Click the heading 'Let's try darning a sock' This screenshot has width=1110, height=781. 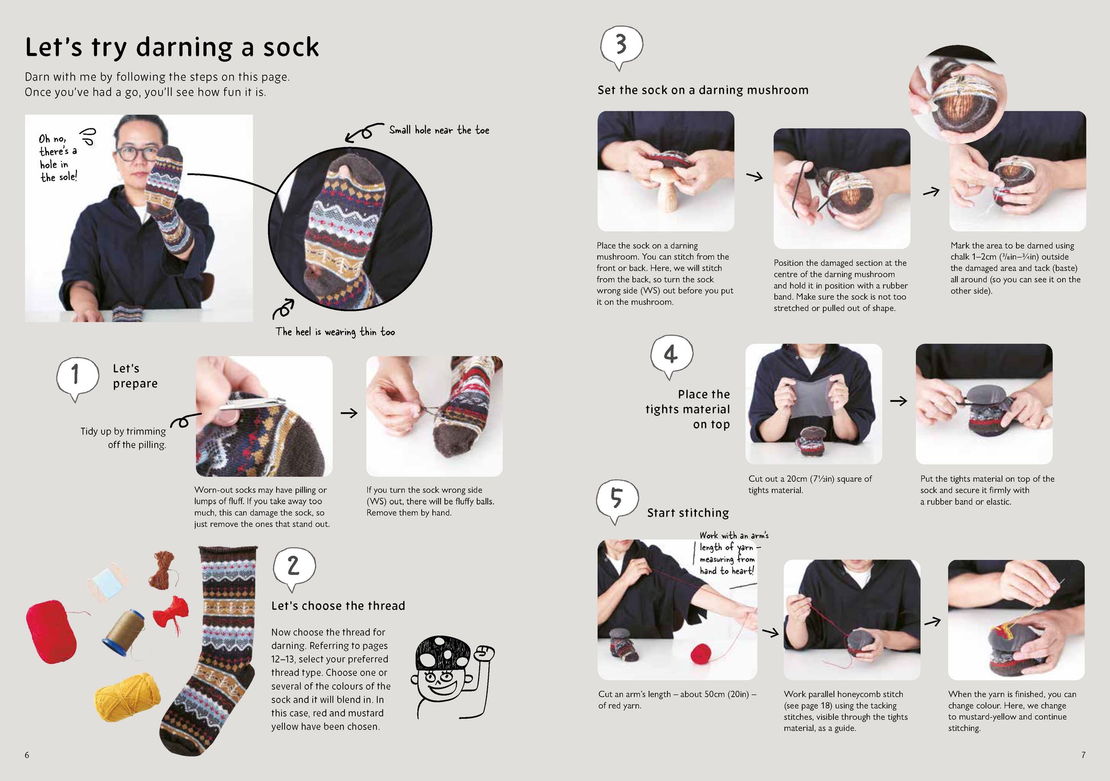172,47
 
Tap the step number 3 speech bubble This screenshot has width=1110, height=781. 621,45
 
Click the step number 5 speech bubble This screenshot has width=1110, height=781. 617,499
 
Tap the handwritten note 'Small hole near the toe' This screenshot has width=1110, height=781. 439,131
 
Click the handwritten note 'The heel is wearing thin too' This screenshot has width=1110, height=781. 335,332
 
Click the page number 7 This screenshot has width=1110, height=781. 1083,755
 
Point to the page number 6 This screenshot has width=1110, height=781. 27,755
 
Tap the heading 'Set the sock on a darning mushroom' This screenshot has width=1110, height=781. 703,90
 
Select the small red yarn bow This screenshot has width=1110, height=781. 173,613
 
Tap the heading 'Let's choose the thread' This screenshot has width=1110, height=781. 338,606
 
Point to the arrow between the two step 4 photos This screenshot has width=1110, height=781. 898,401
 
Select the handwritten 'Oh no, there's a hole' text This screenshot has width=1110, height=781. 58,158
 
